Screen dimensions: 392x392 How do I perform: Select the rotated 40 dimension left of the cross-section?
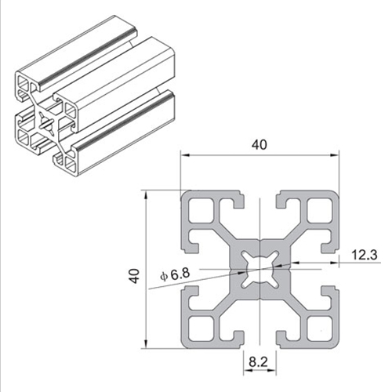coord(136,276)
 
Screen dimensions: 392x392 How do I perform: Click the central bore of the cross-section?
coord(258,268)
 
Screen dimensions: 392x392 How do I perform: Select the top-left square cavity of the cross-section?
coord(199,211)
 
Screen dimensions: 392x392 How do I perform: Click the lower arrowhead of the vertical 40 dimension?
coord(145,344)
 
